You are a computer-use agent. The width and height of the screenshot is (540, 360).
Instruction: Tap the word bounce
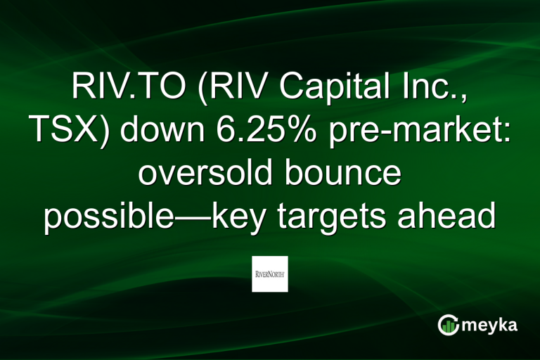[352, 174]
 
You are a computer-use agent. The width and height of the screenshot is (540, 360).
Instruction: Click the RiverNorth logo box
[270, 274]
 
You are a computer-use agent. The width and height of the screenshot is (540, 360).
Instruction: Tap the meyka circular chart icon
[448, 325]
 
